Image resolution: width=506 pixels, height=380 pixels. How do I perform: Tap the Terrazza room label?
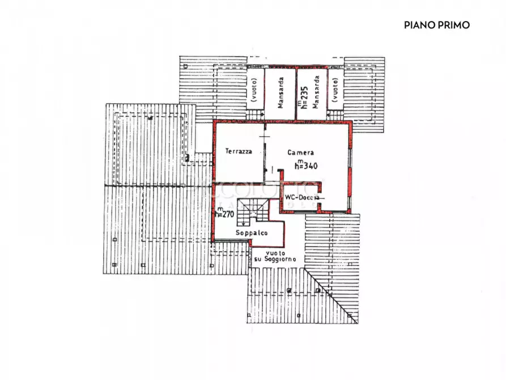pos(238,151)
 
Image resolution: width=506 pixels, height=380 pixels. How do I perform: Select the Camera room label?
pos(300,153)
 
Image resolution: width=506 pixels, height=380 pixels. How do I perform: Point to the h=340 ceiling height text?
pos(306,166)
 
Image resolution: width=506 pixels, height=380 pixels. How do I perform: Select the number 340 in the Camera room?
pos(311,166)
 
